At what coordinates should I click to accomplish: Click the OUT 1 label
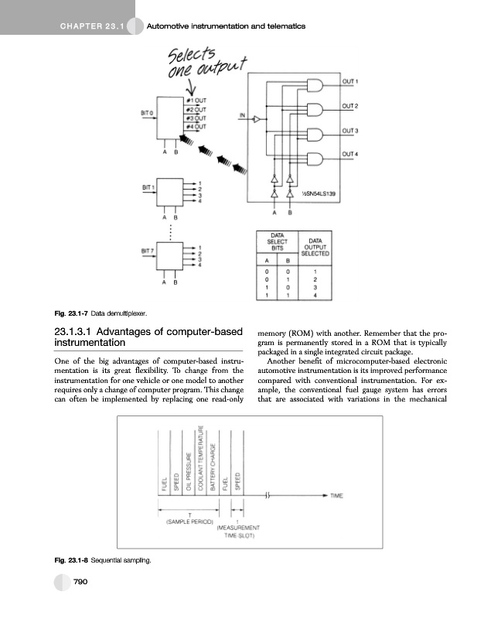353,80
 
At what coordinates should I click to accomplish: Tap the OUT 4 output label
353,155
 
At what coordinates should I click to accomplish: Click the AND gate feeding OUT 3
317,135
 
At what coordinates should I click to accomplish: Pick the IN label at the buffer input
242,117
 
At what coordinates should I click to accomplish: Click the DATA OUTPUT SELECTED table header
315,247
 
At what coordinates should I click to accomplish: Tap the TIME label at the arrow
338,495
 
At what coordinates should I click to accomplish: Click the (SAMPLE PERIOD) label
189,522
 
